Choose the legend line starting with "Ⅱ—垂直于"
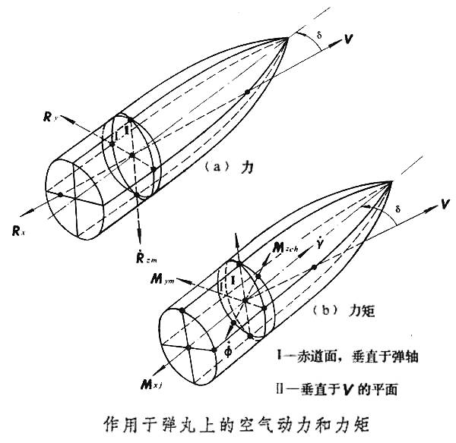(x=350, y=388)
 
